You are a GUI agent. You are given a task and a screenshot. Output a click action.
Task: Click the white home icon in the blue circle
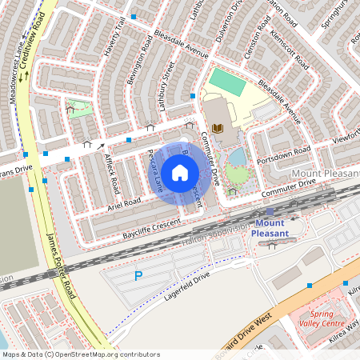(180, 172)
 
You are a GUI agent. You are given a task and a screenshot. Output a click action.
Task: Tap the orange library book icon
(218, 129)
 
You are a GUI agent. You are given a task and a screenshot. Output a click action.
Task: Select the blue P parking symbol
(138, 276)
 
